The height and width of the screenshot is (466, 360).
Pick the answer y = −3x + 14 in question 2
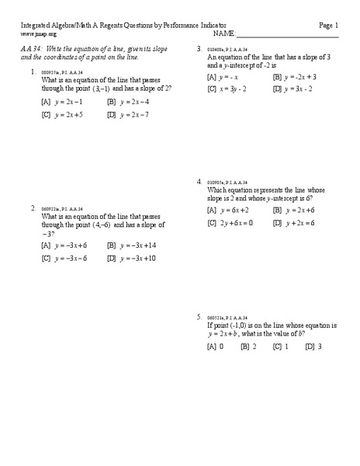click(140, 245)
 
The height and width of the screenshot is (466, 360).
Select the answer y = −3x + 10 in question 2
click(140, 259)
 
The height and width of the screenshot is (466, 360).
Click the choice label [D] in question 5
click(310, 346)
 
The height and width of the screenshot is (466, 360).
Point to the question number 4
click(199, 182)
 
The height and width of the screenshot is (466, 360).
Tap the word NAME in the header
click(223, 34)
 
